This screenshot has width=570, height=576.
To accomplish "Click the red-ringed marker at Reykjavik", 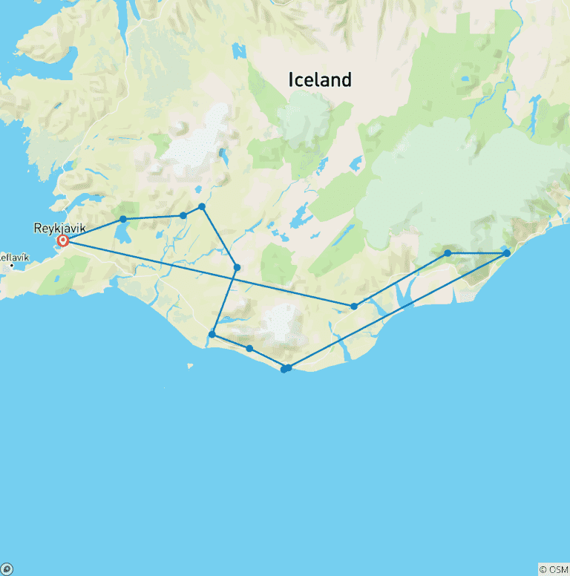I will pyautogui.click(x=63, y=240).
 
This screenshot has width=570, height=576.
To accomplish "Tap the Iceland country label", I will pyautogui.click(x=320, y=80).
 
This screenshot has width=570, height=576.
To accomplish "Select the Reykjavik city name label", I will pyautogui.click(x=60, y=228).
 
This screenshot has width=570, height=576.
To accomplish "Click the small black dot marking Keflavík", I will pyautogui.click(x=12, y=265).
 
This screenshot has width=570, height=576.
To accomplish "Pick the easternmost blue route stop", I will pyautogui.click(x=507, y=253).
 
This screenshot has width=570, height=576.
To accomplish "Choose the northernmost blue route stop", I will pyautogui.click(x=202, y=206).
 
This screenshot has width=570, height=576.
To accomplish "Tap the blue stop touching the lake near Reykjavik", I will pyautogui.click(x=122, y=219).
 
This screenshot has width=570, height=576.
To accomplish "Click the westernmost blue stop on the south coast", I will pyautogui.click(x=212, y=334).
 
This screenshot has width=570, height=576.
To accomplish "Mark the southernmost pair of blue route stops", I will pyautogui.click(x=285, y=368).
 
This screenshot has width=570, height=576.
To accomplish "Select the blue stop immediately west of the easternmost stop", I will pyautogui.click(x=448, y=253).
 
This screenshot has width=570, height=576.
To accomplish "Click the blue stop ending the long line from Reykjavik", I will pyautogui.click(x=354, y=306).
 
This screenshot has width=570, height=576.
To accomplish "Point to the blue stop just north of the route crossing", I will pyautogui.click(x=237, y=267).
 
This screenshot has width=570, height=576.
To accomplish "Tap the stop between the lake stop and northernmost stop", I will pyautogui.click(x=183, y=215).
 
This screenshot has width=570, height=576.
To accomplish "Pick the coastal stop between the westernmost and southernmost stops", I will pyautogui.click(x=249, y=348).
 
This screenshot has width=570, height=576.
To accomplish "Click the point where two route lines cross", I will pyautogui.click(x=232, y=278).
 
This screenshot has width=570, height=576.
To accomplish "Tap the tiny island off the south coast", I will pyautogui.click(x=191, y=364).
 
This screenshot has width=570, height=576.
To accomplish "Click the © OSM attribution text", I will pyautogui.click(x=553, y=569).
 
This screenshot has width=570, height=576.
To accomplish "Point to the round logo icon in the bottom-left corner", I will pyautogui.click(x=7, y=569).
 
